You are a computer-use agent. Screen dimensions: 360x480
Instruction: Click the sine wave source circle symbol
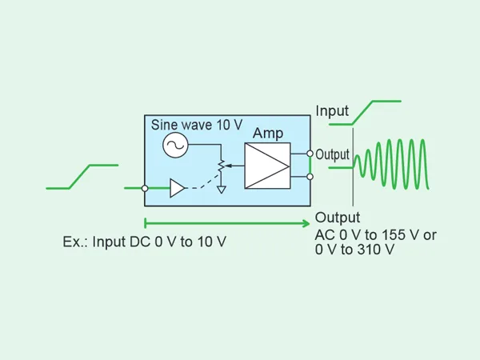point(174,145)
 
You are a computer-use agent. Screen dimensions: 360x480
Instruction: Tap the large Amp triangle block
point(266,166)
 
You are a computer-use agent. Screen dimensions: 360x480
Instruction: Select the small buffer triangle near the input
point(177,189)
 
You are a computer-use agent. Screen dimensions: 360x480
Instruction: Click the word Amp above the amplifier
point(268,133)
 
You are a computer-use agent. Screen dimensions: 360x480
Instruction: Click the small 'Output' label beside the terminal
point(333,154)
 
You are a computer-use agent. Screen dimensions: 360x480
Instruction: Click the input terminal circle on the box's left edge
point(145,189)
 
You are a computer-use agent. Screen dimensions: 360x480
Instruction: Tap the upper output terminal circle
point(310,154)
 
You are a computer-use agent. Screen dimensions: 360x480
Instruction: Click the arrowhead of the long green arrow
point(306,222)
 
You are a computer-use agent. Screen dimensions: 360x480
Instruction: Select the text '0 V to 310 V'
point(355,250)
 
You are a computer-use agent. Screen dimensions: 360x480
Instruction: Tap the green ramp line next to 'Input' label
point(375,110)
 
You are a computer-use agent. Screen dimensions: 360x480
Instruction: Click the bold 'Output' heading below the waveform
point(338,218)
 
